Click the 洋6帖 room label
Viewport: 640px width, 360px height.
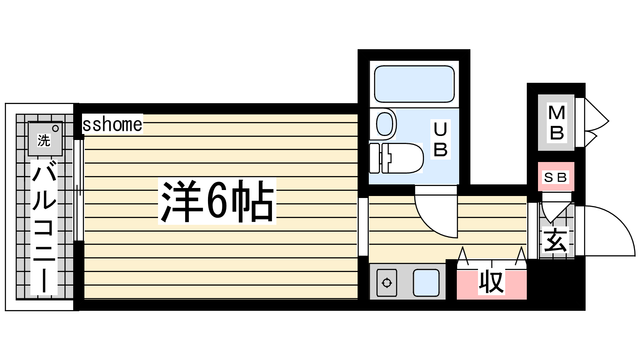(x=217, y=201)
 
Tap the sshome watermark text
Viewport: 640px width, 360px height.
(x=112, y=124)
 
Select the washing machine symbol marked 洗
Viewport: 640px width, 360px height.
(x=45, y=139)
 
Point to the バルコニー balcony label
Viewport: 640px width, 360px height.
(x=44, y=227)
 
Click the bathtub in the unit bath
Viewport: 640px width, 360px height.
(x=414, y=84)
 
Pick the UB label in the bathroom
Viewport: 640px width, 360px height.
(x=440, y=139)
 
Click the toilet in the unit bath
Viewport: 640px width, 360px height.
(x=396, y=158)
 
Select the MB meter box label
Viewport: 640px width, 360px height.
(x=556, y=122)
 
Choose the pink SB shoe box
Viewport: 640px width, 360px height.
(x=556, y=176)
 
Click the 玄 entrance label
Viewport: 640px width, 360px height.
(x=555, y=240)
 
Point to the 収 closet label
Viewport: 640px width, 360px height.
(x=491, y=282)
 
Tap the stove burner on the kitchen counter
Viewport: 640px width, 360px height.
(x=386, y=282)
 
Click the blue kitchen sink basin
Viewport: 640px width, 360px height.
(x=426, y=282)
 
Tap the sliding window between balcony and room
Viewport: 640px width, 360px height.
(x=79, y=190)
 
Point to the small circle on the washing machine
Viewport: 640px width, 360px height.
(x=56, y=128)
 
